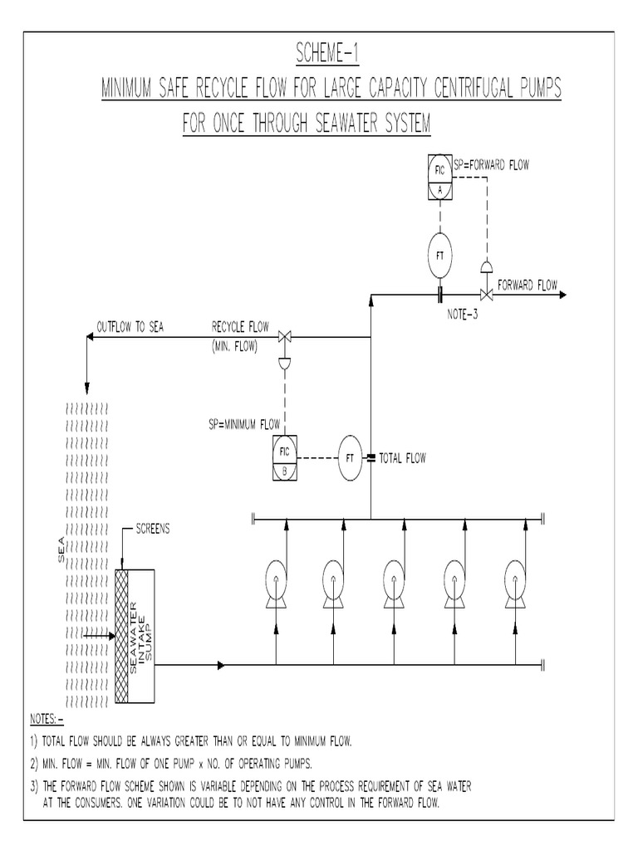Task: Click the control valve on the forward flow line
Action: [x=483, y=294]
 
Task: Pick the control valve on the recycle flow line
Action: [x=284, y=336]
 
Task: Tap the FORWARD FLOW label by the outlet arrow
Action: [x=528, y=283]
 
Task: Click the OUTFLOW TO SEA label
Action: [x=130, y=326]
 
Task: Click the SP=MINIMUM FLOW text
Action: [x=244, y=424]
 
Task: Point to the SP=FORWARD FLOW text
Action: [x=491, y=165]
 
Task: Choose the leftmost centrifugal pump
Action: [x=276, y=578]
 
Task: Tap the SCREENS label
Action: [x=152, y=529]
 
